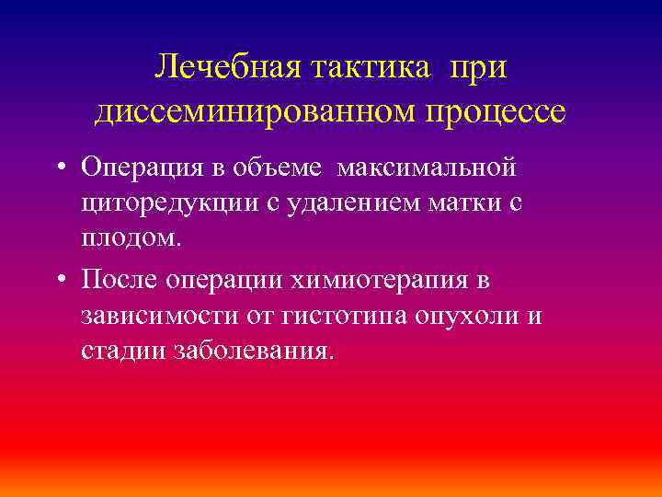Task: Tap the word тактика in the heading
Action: coord(367,67)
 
